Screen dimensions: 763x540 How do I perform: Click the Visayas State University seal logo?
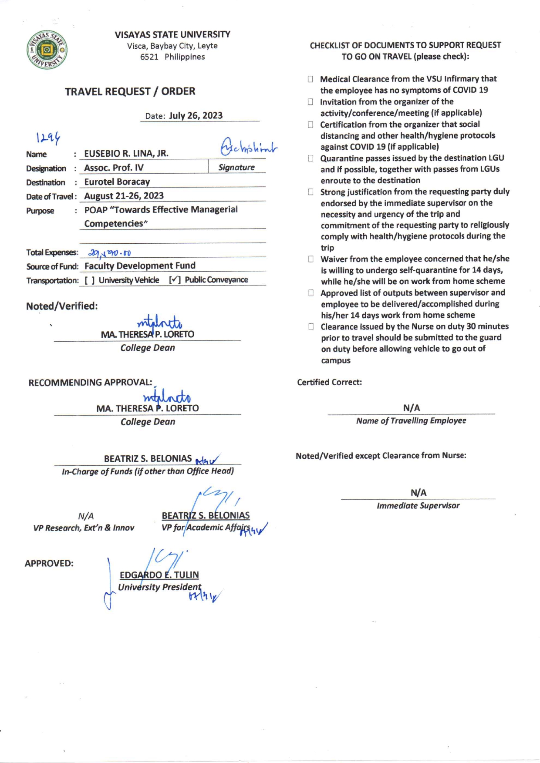point(47,50)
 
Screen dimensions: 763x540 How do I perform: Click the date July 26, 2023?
point(196,116)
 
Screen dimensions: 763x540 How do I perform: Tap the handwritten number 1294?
point(48,138)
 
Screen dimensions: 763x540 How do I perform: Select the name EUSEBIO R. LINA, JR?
point(126,154)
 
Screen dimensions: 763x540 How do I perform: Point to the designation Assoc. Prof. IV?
point(114,168)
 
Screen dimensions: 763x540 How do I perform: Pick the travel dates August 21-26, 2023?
point(124,196)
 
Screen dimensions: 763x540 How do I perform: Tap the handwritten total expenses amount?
point(110,253)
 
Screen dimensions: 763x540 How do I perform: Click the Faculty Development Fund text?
point(140,266)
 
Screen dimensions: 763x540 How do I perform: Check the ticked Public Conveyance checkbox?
point(175,280)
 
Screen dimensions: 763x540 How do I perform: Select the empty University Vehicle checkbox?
point(90,280)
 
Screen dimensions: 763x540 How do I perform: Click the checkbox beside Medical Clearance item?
point(310,79)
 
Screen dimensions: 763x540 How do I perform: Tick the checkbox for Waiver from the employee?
point(311,259)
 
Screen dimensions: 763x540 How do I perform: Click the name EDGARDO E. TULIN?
point(159,575)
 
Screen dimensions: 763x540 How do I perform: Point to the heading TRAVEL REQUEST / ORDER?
point(130,91)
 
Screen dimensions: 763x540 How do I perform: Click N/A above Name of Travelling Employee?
point(412,408)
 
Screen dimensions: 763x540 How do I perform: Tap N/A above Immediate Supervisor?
point(418,493)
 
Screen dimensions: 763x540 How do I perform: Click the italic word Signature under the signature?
point(236,168)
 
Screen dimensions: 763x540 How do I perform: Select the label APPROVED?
point(49,564)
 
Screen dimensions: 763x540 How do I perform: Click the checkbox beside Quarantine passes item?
point(310,158)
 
